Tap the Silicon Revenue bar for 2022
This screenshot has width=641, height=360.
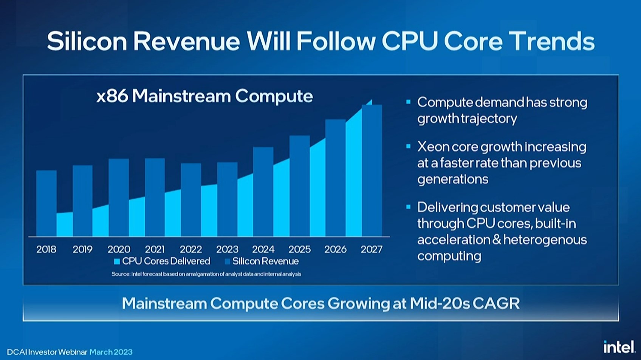191,200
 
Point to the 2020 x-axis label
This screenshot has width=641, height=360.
119,249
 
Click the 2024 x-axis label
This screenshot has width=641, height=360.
263,249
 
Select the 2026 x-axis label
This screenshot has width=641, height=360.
336,249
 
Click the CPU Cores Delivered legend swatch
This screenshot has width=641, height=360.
117,261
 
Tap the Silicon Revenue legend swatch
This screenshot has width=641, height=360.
227,261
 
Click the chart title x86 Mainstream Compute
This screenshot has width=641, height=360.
204,96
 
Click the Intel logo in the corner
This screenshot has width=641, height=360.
619,347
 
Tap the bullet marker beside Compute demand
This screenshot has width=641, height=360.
408,102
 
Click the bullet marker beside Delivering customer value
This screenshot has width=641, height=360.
408,207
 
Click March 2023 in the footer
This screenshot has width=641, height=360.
111,352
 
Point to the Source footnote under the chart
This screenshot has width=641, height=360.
206,274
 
